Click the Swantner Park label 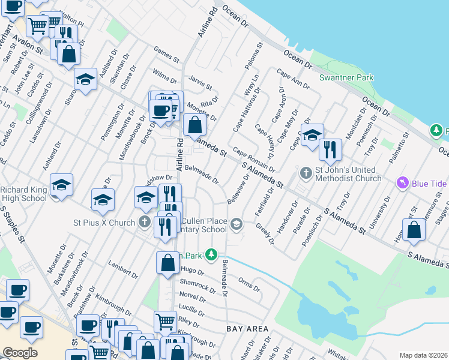coord(346,77)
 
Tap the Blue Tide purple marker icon coord(402,182)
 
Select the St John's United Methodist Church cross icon coord(306,173)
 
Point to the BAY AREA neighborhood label coord(247,329)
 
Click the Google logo coord(20,353)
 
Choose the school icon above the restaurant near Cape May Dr coord(312,135)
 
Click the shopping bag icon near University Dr coord(414,230)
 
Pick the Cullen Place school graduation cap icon coord(237,224)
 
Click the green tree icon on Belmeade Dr coord(211,255)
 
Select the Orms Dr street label coord(249,285)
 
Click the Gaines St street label coord(166,55)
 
